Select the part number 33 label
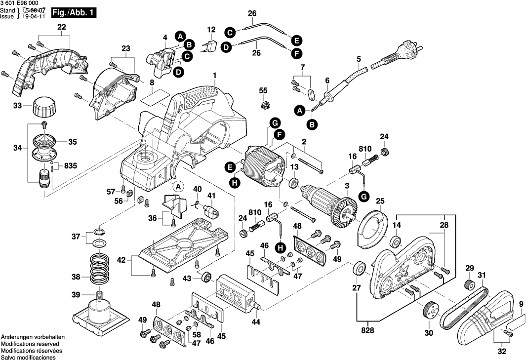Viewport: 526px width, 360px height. coord(18,106)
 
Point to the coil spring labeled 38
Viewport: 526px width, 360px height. coord(101,270)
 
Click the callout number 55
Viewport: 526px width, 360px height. coord(263,90)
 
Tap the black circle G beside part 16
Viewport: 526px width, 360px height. coord(364,197)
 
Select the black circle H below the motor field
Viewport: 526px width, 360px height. coord(235,183)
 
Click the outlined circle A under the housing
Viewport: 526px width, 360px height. coord(178,186)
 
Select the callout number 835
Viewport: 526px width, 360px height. coord(70,165)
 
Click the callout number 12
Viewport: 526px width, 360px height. coord(211,30)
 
